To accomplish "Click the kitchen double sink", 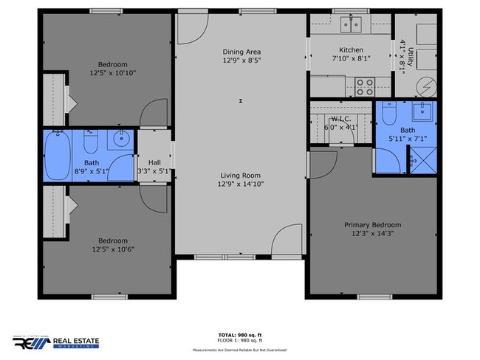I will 350,26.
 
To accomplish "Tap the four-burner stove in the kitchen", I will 365,88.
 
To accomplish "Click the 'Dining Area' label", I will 241,52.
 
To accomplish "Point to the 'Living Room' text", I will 241,176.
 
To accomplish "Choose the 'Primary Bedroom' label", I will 372,225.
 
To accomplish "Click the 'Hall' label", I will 154,163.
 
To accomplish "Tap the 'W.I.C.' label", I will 341,118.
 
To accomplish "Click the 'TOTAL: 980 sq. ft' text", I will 240,334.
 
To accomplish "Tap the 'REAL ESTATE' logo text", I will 76,342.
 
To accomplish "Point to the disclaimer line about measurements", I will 240,350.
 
